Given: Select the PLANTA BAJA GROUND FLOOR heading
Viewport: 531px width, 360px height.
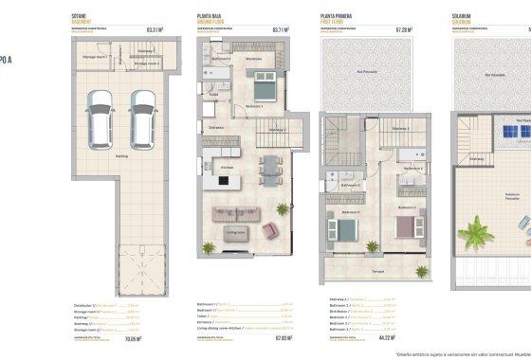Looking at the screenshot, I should (211, 18).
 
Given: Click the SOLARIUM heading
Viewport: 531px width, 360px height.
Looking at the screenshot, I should (464, 18).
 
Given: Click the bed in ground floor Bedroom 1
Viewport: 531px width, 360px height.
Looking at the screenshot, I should (264, 92).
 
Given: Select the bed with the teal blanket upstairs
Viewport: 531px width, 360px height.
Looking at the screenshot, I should (342, 228).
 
